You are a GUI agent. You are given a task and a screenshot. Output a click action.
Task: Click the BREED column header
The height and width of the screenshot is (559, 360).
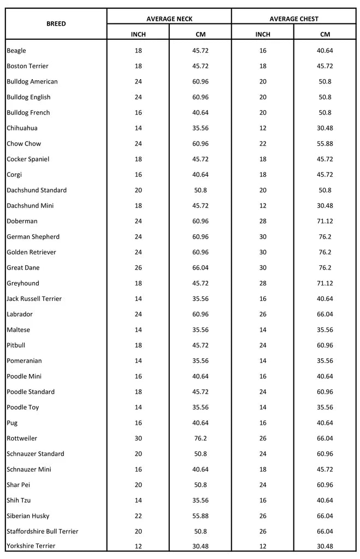(x=56, y=24)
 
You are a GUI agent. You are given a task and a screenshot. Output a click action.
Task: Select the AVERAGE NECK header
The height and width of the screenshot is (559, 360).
(x=169, y=19)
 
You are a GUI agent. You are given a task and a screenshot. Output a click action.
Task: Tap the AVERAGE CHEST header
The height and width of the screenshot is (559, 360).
(x=294, y=19)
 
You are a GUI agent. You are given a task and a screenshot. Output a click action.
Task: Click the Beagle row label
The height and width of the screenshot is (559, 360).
(x=16, y=51)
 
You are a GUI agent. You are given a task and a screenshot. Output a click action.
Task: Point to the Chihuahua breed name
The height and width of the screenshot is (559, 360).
(x=22, y=128)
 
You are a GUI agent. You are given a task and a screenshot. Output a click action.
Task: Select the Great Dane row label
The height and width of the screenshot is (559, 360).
(x=23, y=267)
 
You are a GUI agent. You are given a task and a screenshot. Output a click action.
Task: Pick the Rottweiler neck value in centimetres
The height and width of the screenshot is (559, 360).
(x=200, y=438)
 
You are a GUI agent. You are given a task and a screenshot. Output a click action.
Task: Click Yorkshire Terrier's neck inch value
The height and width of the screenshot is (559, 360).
(x=138, y=546)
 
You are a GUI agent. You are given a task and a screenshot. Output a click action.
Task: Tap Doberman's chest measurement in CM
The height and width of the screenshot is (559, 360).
(x=325, y=221)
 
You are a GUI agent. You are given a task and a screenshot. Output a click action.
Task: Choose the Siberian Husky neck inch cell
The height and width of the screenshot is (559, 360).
(x=138, y=516)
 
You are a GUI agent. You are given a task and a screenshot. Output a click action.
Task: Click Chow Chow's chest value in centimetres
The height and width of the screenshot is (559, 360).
(x=325, y=144)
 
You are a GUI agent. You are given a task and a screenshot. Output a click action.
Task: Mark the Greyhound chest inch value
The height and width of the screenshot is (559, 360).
(x=263, y=283)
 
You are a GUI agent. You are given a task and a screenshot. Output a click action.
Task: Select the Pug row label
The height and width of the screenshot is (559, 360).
(x=12, y=423)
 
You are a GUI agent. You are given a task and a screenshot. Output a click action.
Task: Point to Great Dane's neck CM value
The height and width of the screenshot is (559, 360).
(x=200, y=267)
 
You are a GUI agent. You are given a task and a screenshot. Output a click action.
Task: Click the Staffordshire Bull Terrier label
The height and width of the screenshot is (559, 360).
(x=43, y=531)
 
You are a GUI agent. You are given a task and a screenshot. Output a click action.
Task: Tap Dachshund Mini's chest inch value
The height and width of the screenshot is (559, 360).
(x=263, y=206)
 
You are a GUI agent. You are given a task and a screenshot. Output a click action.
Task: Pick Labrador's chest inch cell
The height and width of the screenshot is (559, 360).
(x=263, y=314)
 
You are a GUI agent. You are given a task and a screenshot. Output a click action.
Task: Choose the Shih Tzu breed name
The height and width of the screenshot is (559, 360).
(x=19, y=500)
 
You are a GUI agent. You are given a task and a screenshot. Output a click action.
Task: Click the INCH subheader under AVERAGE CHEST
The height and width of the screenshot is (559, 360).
(x=263, y=34)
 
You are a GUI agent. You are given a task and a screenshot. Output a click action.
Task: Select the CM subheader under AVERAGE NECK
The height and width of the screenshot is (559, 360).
(x=200, y=34)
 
